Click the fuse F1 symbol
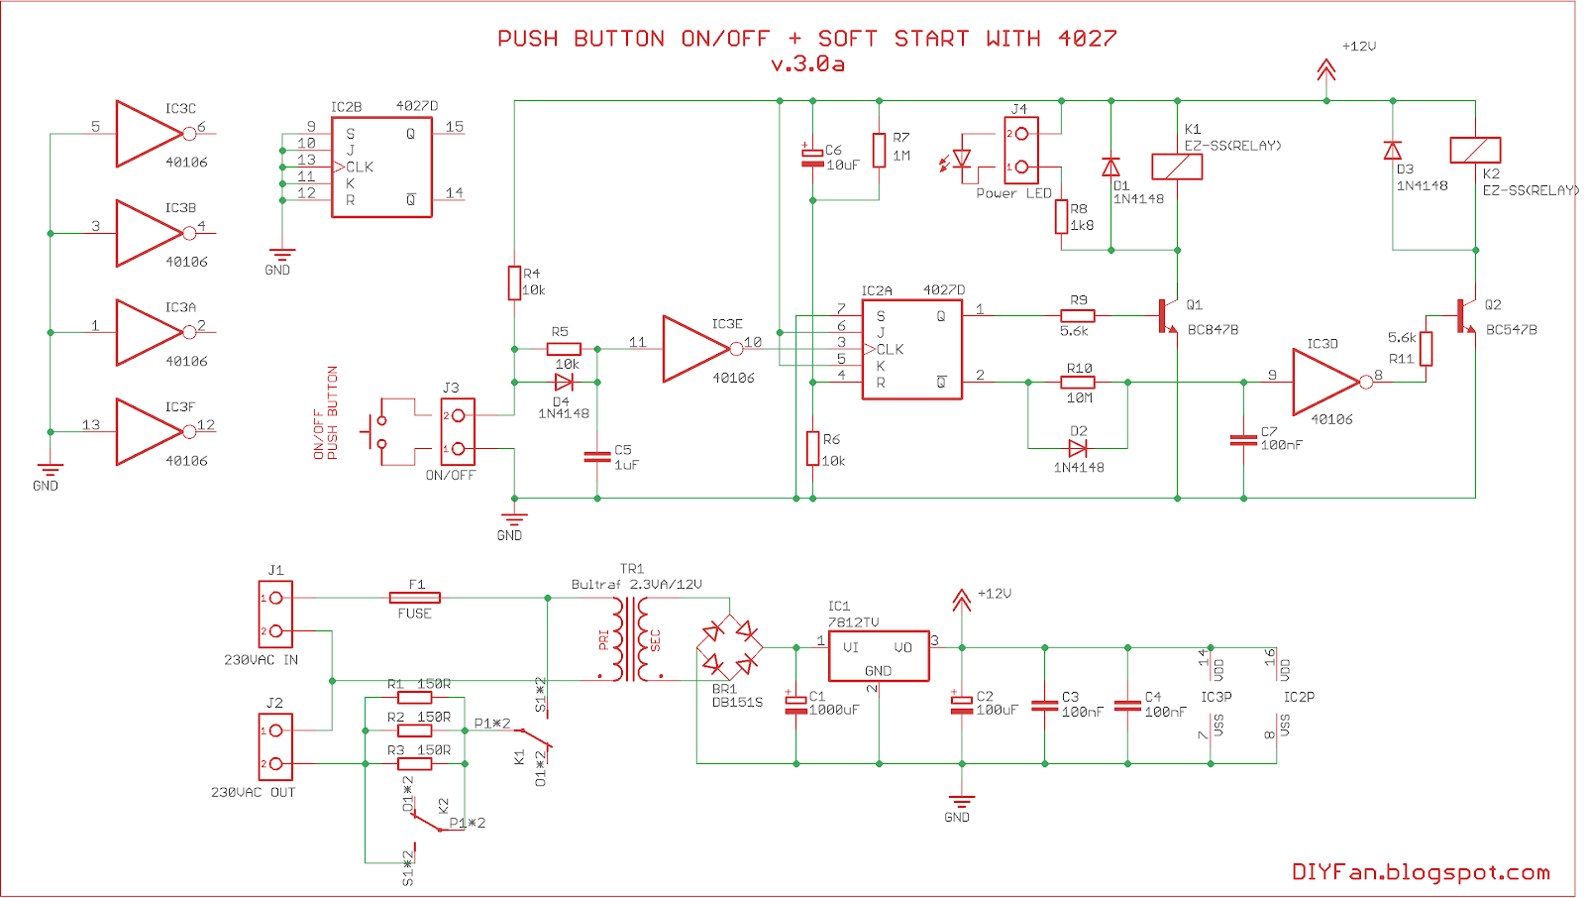(415, 598)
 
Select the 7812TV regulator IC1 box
(878, 656)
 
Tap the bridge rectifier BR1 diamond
(729, 646)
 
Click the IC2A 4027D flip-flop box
(911, 349)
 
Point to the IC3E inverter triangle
(696, 349)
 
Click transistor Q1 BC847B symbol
(1167, 316)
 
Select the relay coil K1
(1177, 167)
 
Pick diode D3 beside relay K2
(1392, 151)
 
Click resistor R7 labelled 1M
(879, 151)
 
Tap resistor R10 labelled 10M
(1078, 383)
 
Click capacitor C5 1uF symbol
(597, 457)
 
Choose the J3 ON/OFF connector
(458, 432)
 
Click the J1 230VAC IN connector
(275, 615)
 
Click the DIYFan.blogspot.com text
(1421, 872)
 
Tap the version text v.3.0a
(807, 64)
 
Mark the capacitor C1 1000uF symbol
(795, 704)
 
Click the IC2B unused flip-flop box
(381, 168)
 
